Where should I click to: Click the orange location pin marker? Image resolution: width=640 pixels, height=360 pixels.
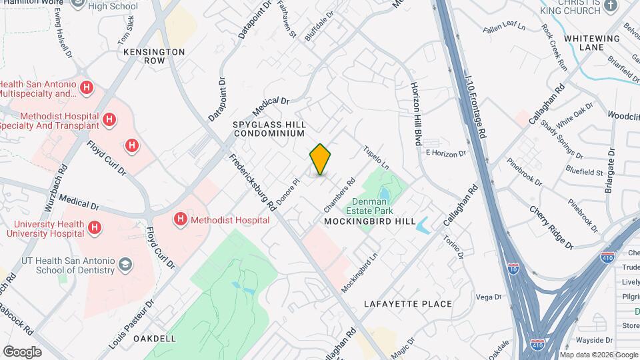[x=321, y=159]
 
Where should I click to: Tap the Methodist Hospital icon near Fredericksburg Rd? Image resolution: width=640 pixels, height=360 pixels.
[x=180, y=219]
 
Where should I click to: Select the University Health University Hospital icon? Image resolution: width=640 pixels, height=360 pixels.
[x=95, y=228]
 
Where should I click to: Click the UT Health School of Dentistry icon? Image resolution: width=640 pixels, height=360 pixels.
[x=125, y=265]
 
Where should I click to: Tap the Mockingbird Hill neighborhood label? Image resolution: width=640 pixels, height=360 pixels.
[x=370, y=221]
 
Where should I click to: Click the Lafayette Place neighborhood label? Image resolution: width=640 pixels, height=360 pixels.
[x=408, y=304]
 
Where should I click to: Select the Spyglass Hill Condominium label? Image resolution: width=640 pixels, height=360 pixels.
[x=269, y=129]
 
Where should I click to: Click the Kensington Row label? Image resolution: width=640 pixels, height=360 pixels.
[x=163, y=56]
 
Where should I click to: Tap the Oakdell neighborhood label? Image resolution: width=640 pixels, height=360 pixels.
[x=154, y=339]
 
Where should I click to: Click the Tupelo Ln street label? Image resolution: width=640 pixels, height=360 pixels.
[x=376, y=157]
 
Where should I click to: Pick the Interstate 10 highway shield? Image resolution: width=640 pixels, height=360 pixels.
[x=513, y=269]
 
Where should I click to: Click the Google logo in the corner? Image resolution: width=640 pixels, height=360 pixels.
[x=22, y=352]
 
